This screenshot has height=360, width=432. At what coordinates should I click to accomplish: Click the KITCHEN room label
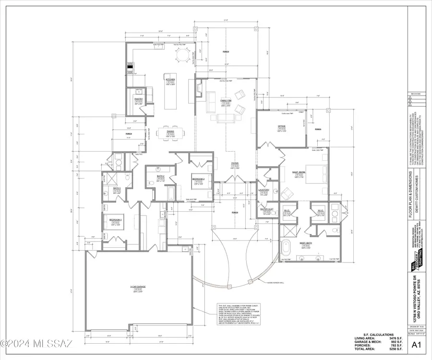point(170,80)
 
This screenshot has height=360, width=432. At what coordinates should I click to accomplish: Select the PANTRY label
point(137,99)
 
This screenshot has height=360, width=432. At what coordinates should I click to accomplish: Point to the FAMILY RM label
point(226,101)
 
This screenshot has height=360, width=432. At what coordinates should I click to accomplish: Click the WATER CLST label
point(267,209)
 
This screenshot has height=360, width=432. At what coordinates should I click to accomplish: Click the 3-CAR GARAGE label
point(138,287)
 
